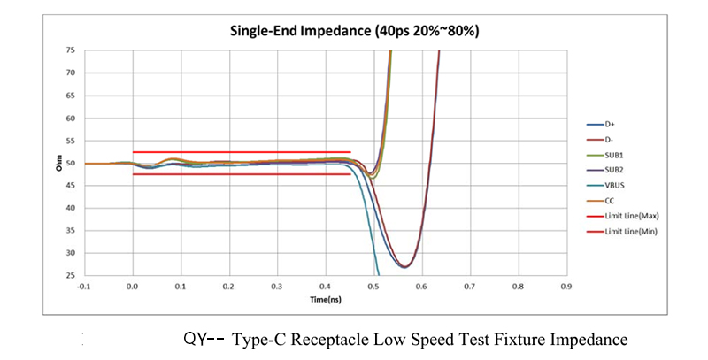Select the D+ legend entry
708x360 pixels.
(610, 125)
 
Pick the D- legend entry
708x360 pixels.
(610, 140)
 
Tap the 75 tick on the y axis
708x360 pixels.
(70, 50)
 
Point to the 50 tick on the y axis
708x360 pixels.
(70, 164)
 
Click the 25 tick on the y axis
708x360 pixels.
(70, 276)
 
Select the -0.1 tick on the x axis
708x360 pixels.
(84, 287)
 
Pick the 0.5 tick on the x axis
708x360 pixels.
(373, 287)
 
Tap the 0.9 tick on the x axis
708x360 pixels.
(566, 287)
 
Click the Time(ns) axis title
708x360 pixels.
(325, 300)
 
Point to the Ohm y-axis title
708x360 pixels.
(58, 164)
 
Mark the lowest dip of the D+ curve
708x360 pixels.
(404, 266)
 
